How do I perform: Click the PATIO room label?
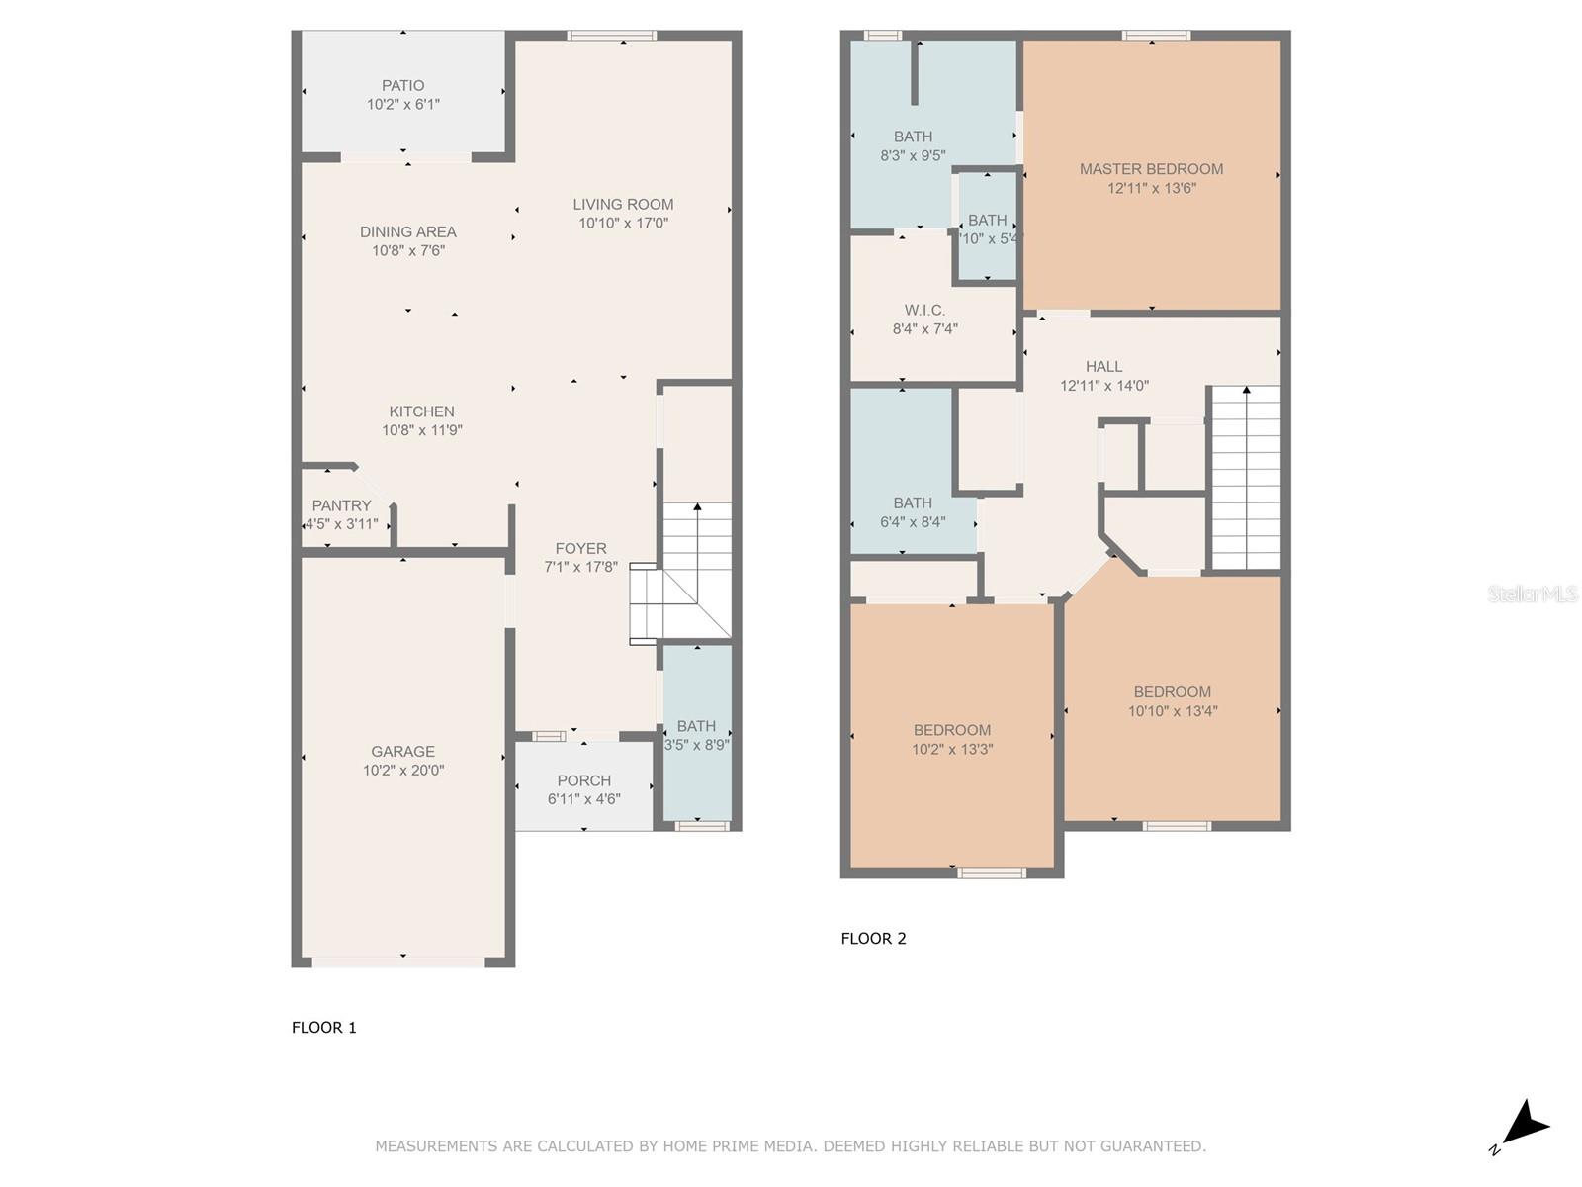(402, 86)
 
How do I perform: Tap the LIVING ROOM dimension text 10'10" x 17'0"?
(624, 224)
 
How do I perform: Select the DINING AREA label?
(408, 232)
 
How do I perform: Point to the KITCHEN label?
(421, 411)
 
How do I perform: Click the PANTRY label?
(342, 505)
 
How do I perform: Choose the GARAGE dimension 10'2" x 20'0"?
(402, 771)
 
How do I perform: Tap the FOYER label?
(580, 548)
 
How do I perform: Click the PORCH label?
(583, 780)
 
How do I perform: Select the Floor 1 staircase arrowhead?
(697, 507)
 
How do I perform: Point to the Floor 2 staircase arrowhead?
(1246, 390)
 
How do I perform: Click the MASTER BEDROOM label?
(1151, 169)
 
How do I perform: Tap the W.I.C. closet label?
(924, 311)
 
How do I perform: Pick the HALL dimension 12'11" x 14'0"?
(1103, 386)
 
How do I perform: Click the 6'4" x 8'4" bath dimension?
(913, 522)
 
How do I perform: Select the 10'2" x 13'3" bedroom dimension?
(952, 750)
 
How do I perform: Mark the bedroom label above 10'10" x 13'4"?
(1172, 692)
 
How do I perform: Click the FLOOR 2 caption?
(873, 939)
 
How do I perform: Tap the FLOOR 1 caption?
(323, 1028)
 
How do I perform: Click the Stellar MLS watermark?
(1533, 594)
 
